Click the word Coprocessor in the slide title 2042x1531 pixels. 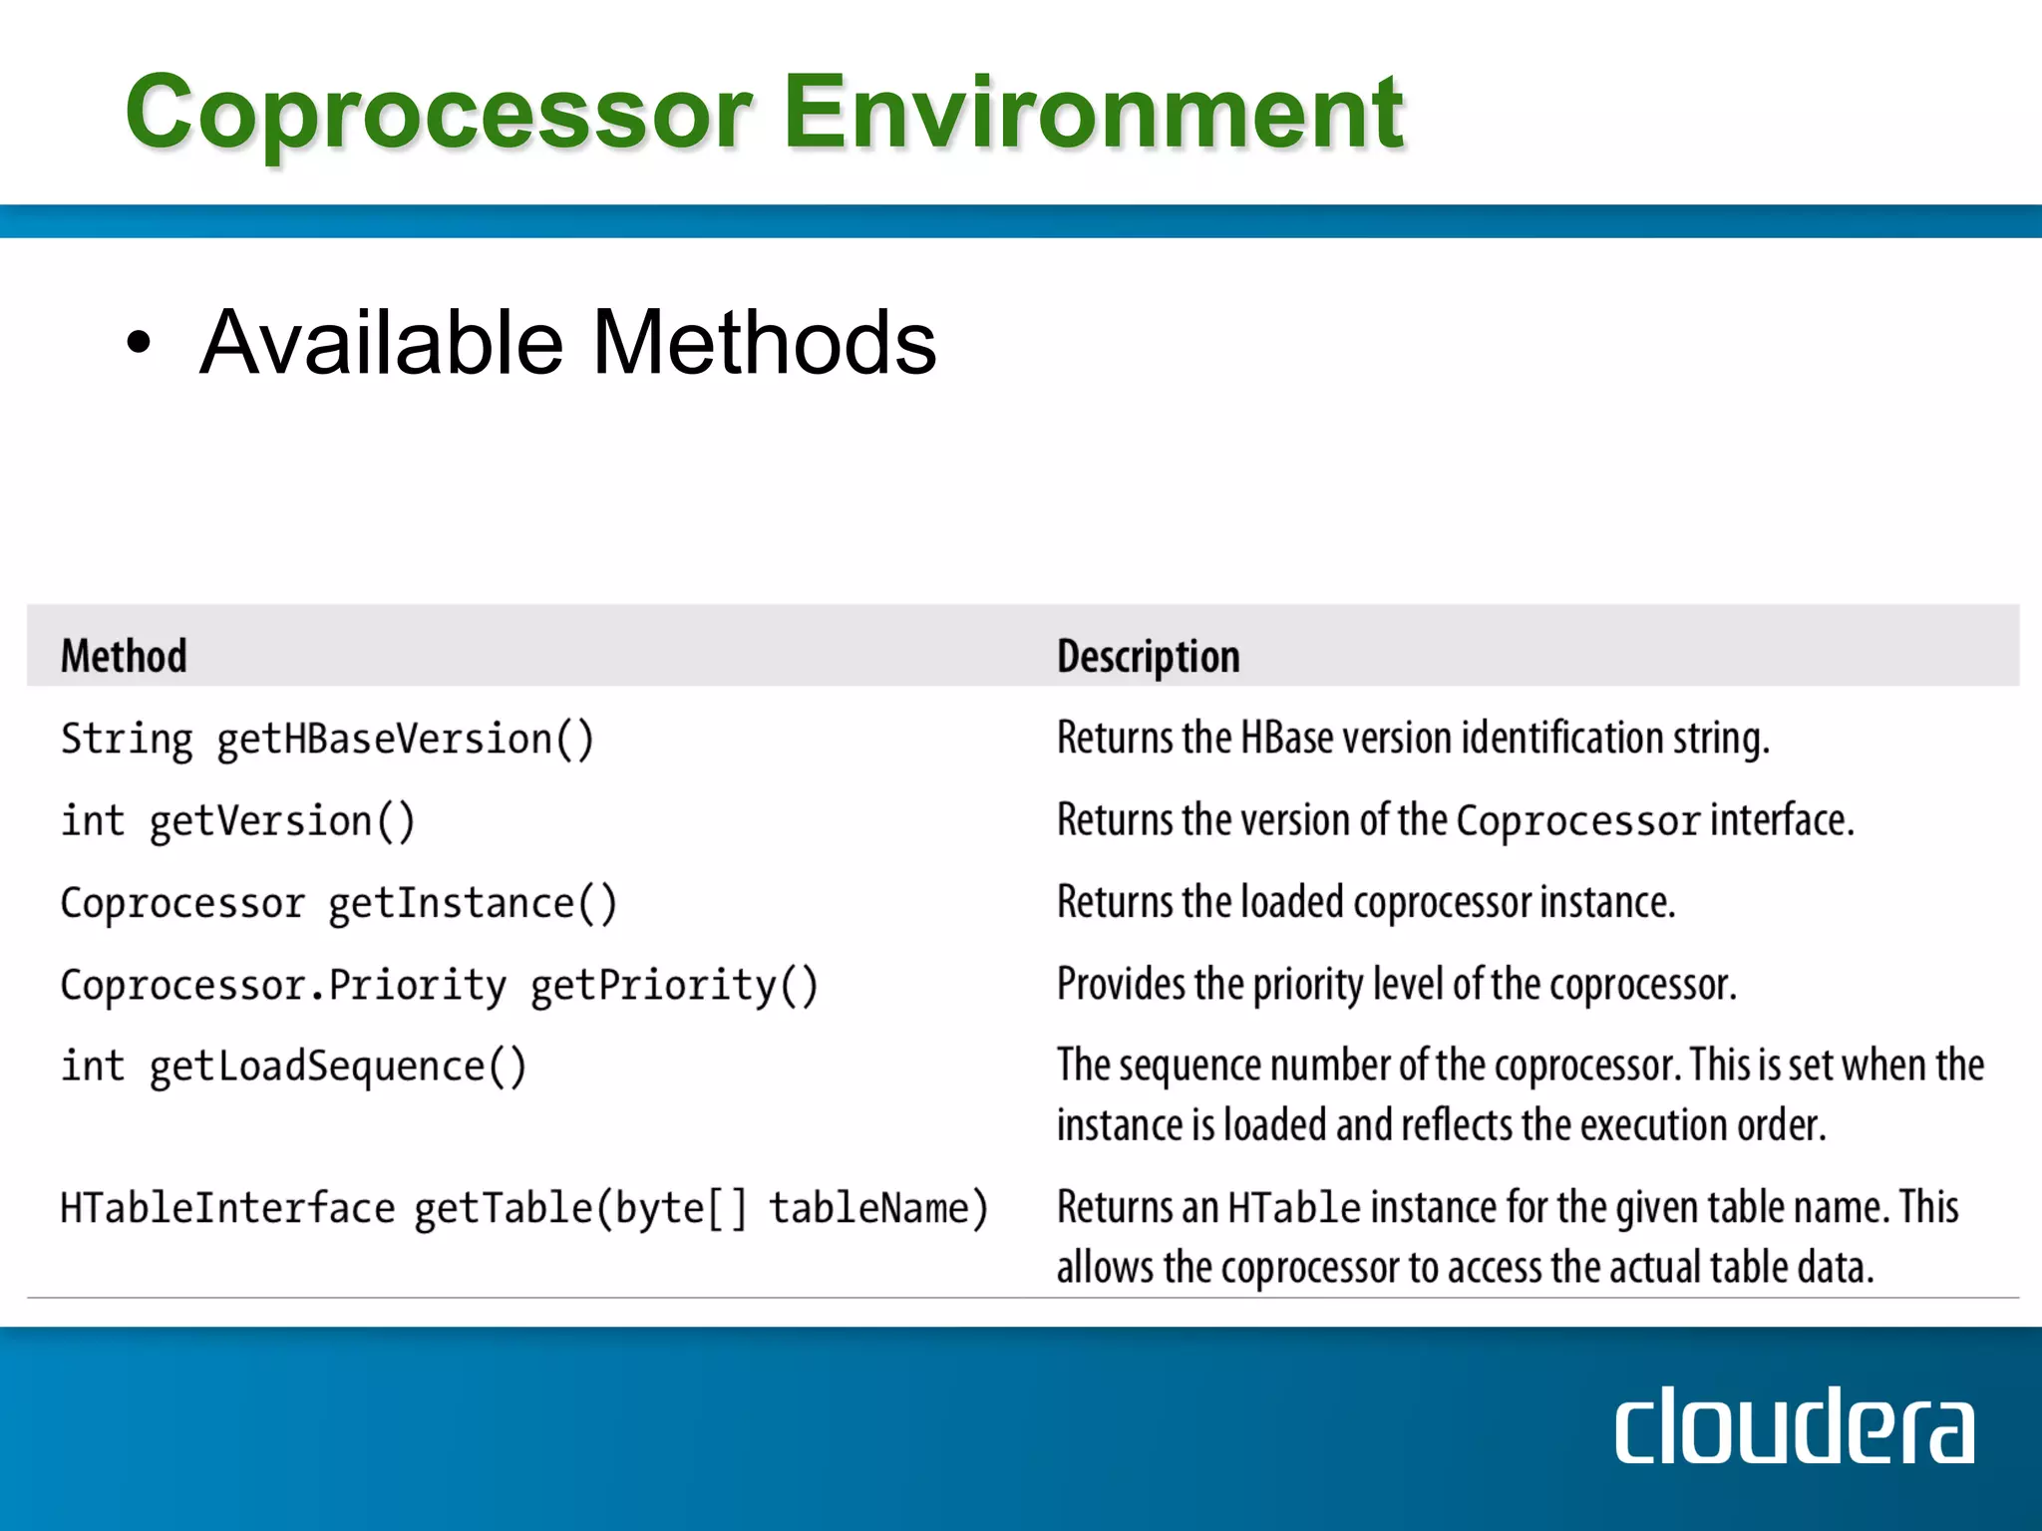click(439, 115)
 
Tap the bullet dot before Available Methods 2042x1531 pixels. click(140, 343)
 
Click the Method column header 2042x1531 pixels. click(124, 656)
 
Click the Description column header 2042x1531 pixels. click(1148, 657)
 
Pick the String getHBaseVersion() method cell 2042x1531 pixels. click(327, 740)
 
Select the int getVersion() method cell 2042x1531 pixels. click(237, 821)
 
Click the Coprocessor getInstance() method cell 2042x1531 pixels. click(339, 903)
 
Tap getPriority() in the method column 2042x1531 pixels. click(674, 986)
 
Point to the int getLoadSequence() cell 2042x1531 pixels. click(293, 1067)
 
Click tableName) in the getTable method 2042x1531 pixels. click(878, 1208)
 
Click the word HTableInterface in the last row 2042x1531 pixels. click(227, 1208)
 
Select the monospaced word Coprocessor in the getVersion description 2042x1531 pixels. click(1577, 821)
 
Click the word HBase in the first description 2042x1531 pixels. click(1286, 739)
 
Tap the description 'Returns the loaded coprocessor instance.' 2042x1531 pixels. click(1365, 902)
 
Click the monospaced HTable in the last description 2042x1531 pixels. click(1293, 1208)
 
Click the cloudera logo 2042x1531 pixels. click(1793, 1427)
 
